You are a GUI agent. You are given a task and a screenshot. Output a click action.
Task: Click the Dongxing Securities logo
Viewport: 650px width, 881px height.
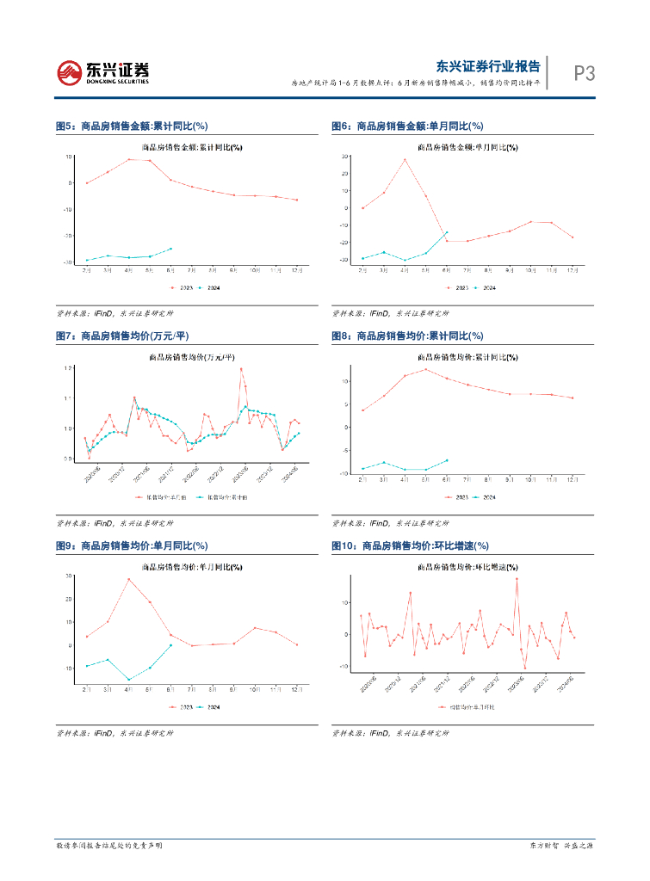coord(102,72)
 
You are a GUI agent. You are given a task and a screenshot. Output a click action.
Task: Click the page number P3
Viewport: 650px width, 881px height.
coord(585,74)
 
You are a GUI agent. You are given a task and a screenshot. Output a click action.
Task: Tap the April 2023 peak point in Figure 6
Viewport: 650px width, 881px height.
coord(405,159)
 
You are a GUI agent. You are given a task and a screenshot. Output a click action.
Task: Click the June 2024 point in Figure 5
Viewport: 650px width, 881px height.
coord(170,249)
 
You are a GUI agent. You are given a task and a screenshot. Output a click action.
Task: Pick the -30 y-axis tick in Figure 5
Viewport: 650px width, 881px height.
coord(69,261)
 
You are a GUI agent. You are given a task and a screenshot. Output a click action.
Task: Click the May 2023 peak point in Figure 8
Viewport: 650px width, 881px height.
coord(425,370)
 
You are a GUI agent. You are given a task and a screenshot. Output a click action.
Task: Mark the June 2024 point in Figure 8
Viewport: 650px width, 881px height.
coord(446,460)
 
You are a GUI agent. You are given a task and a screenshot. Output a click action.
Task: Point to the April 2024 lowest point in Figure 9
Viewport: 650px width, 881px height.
coord(129,680)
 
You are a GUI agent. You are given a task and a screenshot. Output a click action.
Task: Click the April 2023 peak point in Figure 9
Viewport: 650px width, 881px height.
coord(129,579)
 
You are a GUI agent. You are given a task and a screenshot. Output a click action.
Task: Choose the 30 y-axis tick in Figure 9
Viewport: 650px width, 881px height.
coord(68,576)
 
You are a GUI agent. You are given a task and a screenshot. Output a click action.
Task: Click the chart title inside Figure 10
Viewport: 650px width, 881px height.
coord(467,568)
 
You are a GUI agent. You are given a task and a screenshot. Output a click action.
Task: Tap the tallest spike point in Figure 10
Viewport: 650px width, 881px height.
coord(517,579)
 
